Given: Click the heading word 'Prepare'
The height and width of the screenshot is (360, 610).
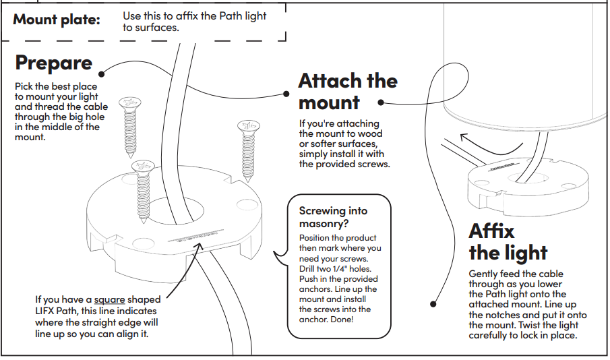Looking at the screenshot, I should [x=53, y=63].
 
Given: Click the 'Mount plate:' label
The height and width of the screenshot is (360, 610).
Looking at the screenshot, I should [x=57, y=20].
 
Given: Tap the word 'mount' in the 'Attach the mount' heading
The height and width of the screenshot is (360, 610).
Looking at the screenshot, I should [x=329, y=103].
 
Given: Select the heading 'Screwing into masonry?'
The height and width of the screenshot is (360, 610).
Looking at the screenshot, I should [x=334, y=217].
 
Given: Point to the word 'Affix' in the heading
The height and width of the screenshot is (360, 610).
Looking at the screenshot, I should [x=492, y=231].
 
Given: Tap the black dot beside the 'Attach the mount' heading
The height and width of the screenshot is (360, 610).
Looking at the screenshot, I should [x=380, y=103].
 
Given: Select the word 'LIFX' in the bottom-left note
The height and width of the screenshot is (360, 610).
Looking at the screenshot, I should [x=49, y=311].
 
